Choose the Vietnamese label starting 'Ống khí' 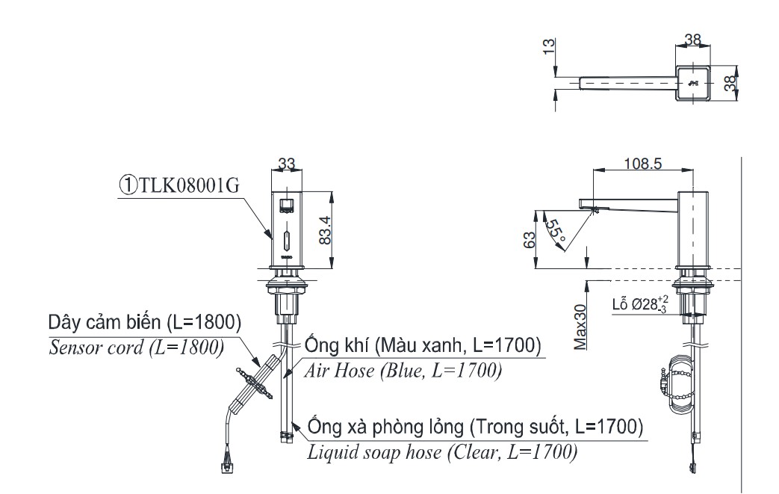click(x=422, y=347)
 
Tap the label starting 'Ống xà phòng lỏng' click(x=474, y=428)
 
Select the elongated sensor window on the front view click(x=286, y=241)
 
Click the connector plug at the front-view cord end click(x=224, y=468)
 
